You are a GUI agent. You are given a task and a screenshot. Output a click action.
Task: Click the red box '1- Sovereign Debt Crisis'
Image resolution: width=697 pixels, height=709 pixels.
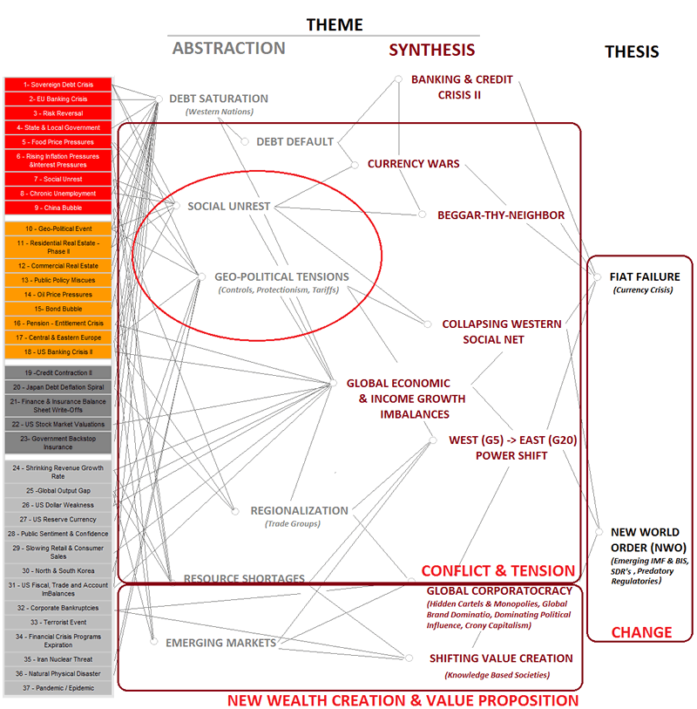click(58, 85)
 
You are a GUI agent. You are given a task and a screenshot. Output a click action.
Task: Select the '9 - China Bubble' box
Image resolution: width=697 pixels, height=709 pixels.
click(58, 208)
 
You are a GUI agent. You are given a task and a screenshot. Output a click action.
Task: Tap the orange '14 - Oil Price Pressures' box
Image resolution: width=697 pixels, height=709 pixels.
click(58, 295)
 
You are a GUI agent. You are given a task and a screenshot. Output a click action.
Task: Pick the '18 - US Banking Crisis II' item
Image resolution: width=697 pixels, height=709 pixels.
click(58, 351)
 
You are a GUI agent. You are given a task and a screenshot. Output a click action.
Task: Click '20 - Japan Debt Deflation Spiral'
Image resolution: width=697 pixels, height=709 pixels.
click(58, 386)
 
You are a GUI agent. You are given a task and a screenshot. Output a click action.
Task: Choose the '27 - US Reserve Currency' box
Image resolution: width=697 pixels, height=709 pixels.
click(58, 519)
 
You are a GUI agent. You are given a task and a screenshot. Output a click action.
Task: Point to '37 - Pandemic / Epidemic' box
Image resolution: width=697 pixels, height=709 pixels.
click(58, 688)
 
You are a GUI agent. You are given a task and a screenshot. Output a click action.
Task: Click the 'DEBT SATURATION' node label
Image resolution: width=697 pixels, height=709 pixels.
click(219, 99)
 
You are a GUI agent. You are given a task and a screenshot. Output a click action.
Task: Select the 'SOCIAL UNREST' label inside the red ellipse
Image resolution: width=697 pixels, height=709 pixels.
click(229, 207)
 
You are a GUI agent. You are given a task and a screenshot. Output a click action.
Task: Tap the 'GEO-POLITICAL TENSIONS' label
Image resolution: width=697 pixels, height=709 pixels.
click(281, 276)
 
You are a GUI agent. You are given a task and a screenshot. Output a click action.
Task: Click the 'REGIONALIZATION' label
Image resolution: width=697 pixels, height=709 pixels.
click(299, 510)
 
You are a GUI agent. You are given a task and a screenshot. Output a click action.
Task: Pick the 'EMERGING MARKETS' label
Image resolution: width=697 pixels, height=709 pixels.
click(220, 643)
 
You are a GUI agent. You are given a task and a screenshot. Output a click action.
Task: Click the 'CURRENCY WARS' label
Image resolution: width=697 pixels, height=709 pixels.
click(413, 163)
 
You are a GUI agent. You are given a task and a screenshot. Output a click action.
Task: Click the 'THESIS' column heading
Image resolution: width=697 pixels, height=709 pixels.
click(632, 52)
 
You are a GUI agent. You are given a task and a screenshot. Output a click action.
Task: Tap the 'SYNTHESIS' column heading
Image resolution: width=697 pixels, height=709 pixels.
click(431, 50)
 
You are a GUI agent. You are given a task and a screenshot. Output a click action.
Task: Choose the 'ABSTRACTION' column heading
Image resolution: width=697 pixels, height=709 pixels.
click(228, 49)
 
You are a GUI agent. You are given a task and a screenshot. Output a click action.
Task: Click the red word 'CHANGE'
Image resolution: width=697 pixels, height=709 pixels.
click(641, 632)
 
